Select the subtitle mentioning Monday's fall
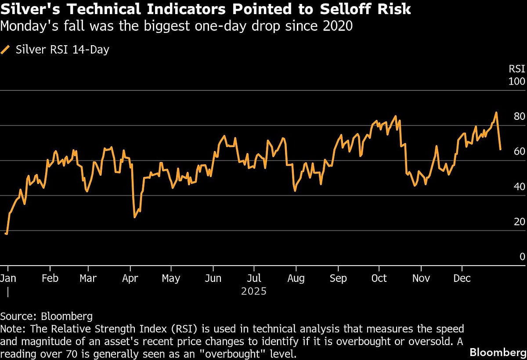(x=177, y=26)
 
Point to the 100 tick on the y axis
(x=517, y=82)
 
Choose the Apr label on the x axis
(x=130, y=278)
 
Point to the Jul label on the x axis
(x=254, y=278)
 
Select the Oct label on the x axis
(x=379, y=278)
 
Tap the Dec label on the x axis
(x=462, y=278)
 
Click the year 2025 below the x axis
(x=254, y=291)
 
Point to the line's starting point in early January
(x=6, y=234)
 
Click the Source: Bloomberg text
(x=47, y=316)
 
